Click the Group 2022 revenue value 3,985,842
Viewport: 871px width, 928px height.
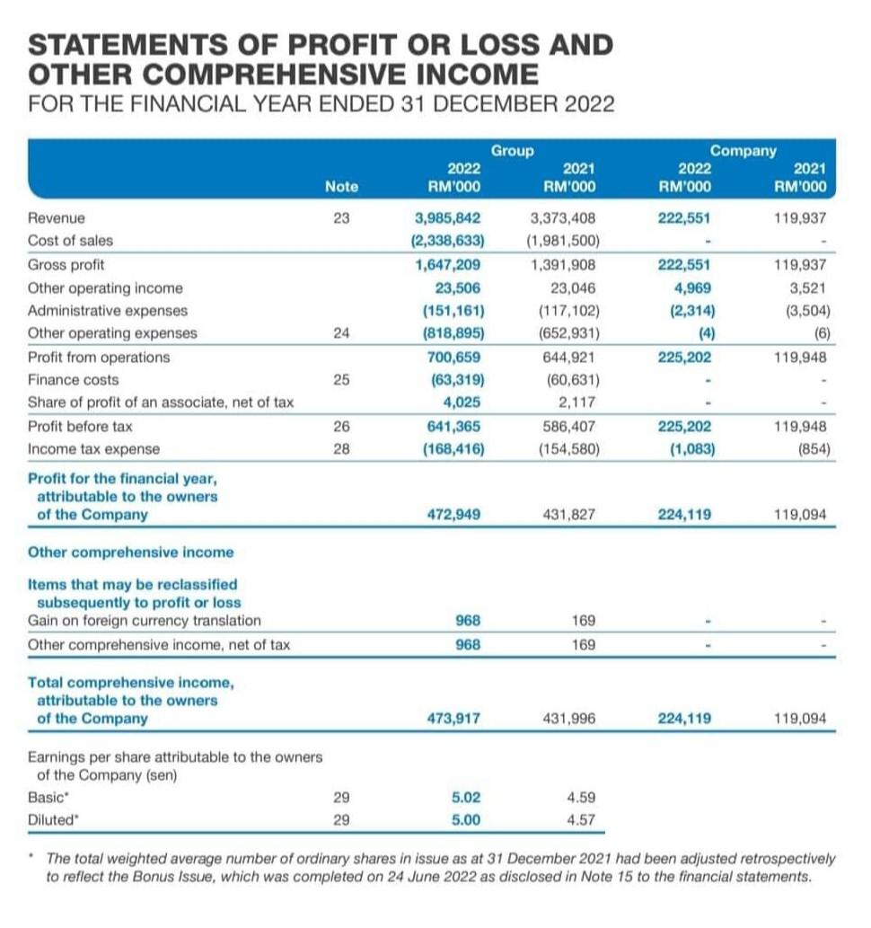448,217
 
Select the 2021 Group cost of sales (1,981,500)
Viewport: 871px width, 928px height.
564,241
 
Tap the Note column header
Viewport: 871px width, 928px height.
341,187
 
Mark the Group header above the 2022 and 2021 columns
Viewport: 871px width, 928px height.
513,150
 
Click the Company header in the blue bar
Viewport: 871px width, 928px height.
743,150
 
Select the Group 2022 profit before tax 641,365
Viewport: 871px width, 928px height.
453,427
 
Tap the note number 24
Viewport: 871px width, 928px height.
341,333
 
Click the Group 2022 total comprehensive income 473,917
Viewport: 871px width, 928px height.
453,719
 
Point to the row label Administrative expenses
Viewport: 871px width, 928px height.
108,311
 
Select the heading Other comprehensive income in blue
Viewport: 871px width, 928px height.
131,552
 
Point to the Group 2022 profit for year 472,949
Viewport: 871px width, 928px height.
453,515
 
